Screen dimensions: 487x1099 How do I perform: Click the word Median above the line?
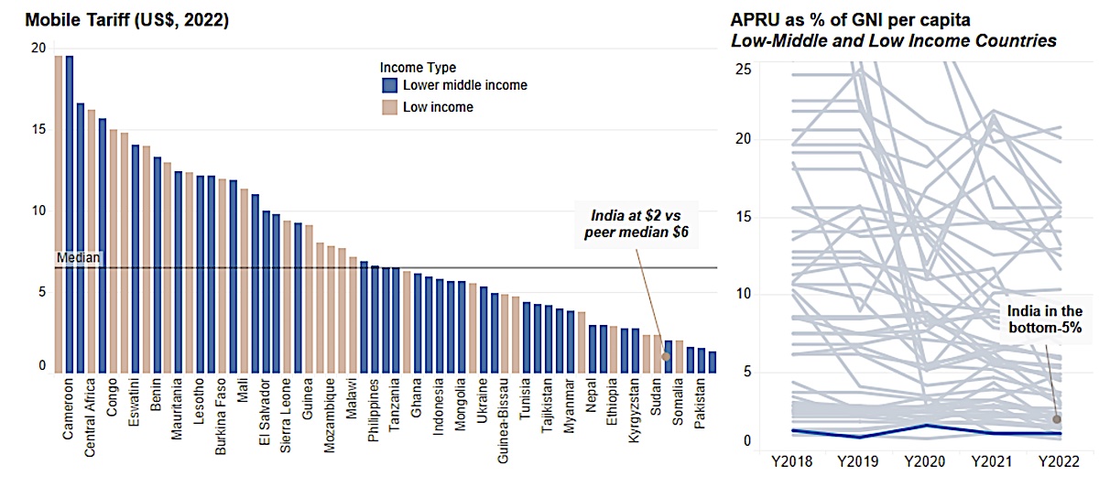[78, 258]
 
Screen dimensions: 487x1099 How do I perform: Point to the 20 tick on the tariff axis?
[38, 49]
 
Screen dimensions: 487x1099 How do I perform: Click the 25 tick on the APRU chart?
[744, 70]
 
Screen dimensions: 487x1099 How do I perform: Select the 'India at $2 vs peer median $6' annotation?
[636, 224]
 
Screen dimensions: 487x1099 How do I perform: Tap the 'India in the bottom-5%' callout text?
[1045, 319]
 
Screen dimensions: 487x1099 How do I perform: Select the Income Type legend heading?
[418, 67]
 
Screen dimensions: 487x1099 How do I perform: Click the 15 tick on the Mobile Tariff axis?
[38, 129]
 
